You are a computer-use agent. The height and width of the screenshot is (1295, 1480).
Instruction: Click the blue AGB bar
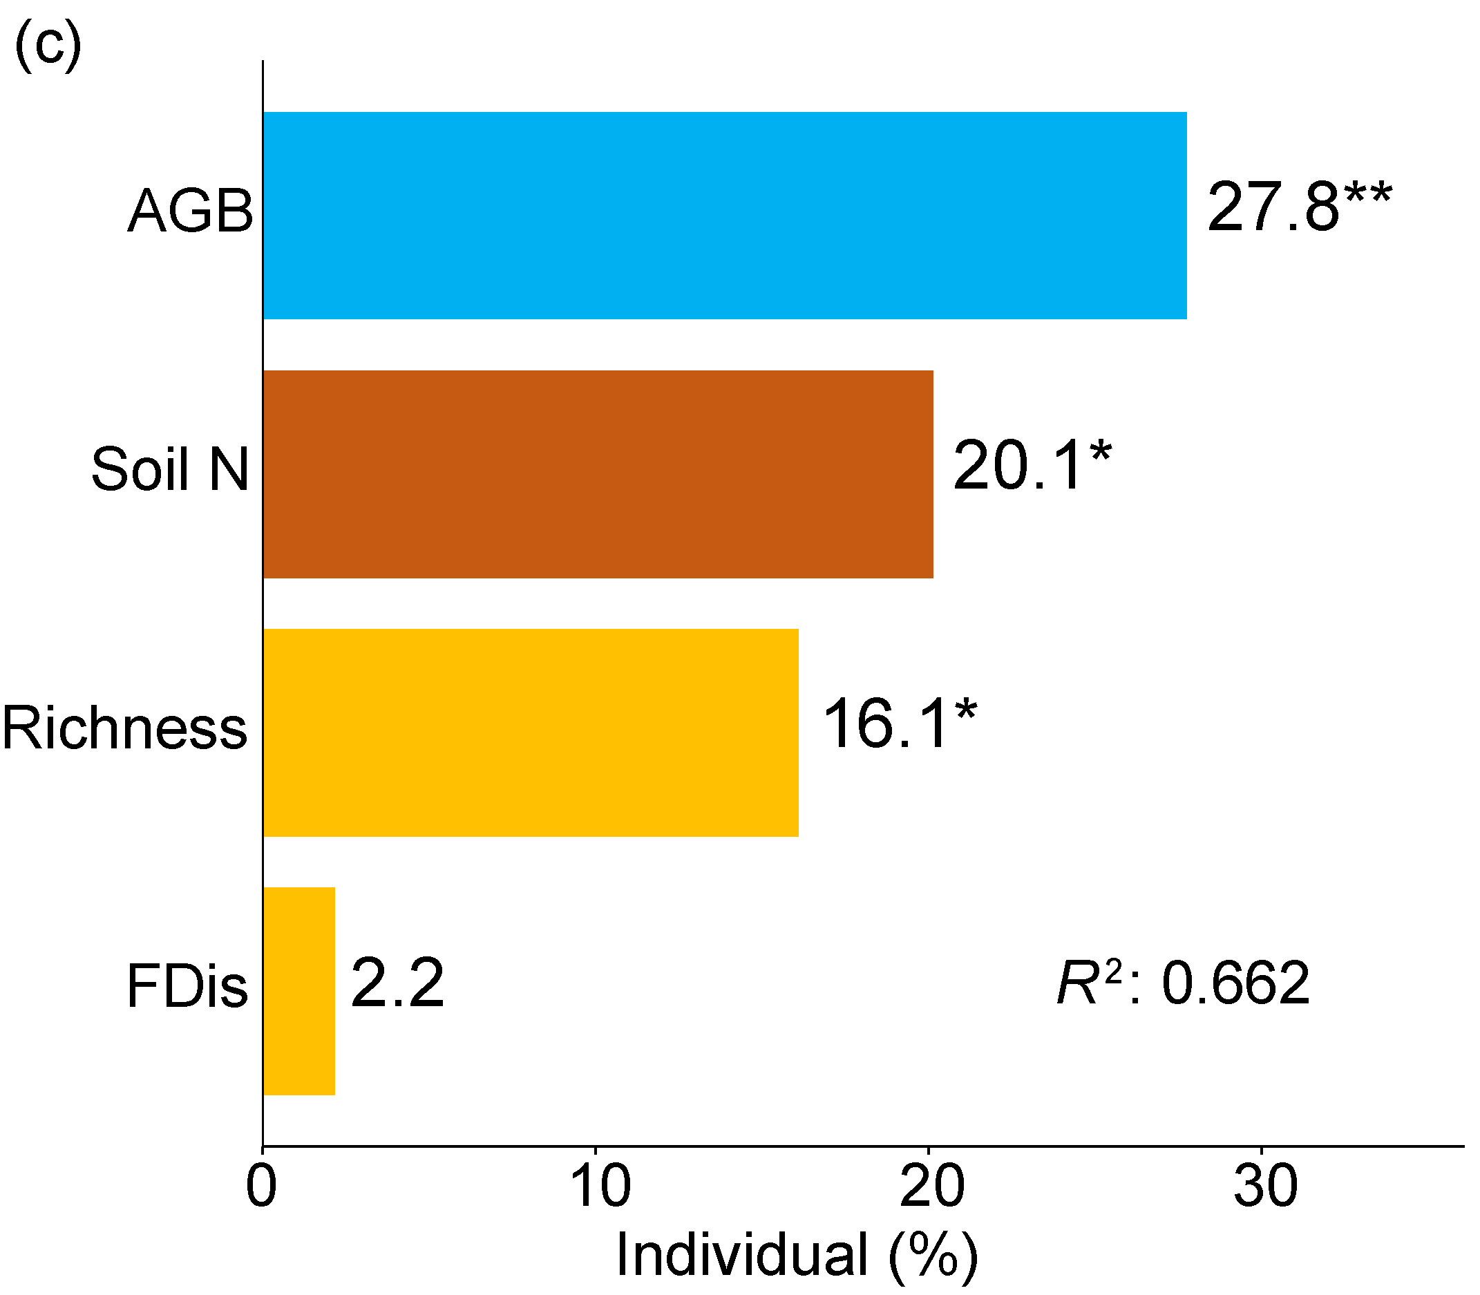coord(724,216)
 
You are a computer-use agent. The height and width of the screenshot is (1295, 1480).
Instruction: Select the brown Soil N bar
coord(598,474)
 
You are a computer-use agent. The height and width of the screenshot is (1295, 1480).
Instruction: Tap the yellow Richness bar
coord(531,732)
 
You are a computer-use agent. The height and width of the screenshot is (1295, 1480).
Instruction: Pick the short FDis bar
coord(298,991)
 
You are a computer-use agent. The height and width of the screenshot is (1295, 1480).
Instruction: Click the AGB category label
coord(190,211)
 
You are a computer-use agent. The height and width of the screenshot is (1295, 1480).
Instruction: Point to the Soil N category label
coord(170,470)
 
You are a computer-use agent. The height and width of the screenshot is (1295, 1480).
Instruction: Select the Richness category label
coord(124,728)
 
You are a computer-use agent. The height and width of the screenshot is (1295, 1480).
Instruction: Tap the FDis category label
coord(187,986)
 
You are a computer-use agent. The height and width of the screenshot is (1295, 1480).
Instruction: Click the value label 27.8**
coord(1298,207)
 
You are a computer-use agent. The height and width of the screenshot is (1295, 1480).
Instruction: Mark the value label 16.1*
coord(899,724)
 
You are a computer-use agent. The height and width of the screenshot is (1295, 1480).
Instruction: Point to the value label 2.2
coord(397,983)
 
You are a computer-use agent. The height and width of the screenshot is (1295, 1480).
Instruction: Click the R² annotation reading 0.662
coord(1183,983)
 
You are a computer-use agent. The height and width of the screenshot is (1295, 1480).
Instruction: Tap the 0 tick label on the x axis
coord(261,1187)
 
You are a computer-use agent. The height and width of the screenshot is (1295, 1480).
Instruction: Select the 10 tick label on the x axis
coord(600,1187)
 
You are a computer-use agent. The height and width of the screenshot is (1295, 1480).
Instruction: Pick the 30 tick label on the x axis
coord(1265,1187)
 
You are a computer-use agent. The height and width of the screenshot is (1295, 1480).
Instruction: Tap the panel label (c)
coord(48,45)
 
